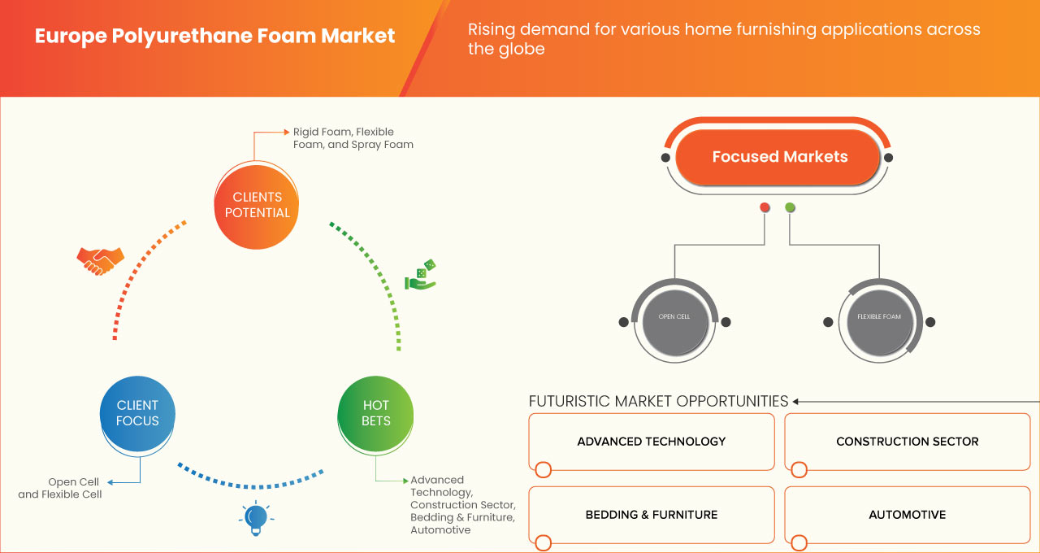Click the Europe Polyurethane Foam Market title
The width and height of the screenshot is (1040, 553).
point(214,37)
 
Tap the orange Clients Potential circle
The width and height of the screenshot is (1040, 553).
point(256,205)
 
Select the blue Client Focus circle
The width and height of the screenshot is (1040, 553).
point(137,413)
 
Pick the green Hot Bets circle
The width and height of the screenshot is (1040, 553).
point(375,413)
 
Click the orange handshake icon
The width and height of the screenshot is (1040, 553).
point(100,260)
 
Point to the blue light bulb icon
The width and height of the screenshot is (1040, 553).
point(256,518)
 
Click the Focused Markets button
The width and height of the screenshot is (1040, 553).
point(779,157)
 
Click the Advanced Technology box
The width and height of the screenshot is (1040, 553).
point(652,442)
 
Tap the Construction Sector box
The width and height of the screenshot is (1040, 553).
point(907,442)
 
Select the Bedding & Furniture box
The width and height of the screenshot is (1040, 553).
point(652,515)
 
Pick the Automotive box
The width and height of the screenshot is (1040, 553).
point(907,515)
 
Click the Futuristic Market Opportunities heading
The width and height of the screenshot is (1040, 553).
point(658,401)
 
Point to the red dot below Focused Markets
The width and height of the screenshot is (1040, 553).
point(765,207)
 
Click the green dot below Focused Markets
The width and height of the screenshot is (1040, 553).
point(790,207)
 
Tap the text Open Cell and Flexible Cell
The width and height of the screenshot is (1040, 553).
point(60,488)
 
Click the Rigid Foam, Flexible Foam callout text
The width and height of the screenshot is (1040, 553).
point(353,138)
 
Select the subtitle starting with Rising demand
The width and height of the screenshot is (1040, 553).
point(723,39)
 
